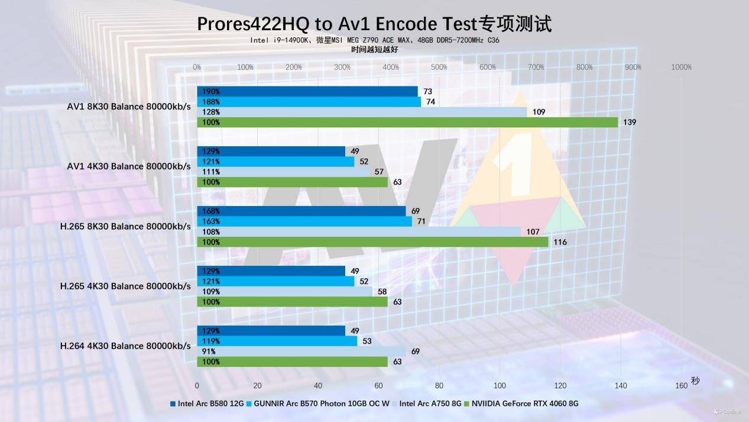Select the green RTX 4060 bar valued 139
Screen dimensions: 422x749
(407, 123)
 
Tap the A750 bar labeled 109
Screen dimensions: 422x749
(361, 112)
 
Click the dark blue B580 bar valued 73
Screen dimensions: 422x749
(307, 92)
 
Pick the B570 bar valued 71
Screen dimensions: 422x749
(304, 221)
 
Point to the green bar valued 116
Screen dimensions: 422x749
(372, 242)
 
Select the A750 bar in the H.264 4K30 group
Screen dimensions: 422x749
(301, 352)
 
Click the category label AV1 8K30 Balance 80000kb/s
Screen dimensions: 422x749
(129, 107)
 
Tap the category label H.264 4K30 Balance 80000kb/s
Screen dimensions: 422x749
(125, 346)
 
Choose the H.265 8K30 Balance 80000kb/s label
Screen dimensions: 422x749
(125, 226)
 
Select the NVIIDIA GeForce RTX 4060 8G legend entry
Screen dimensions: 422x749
(523, 404)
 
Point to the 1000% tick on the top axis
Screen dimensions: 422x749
(681, 67)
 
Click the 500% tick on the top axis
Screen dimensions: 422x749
(439, 67)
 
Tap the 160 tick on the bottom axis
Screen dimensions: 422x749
(681, 385)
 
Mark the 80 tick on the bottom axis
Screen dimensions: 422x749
(439, 385)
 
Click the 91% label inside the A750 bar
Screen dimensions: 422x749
(208, 352)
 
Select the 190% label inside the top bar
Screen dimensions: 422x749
(210, 92)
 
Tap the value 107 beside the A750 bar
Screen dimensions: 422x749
(533, 232)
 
